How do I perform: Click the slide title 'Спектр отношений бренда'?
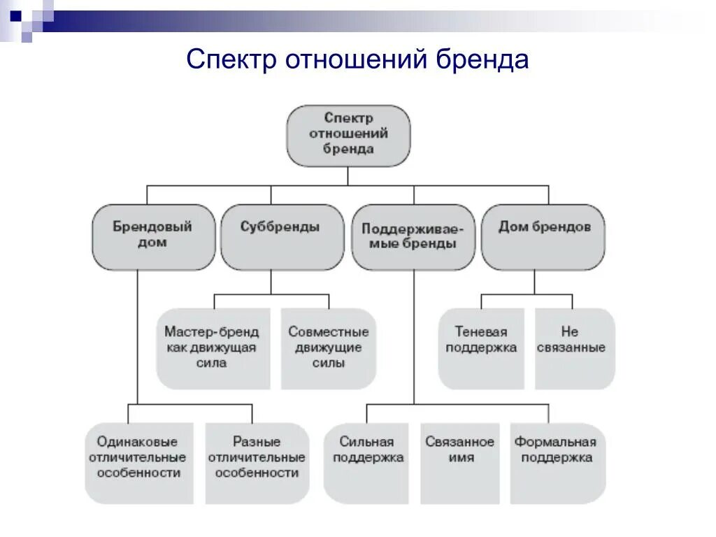coord(357,60)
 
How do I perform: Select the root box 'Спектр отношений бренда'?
coord(348,135)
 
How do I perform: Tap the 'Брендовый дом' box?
coord(152,236)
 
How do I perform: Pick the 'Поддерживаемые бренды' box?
coord(413,236)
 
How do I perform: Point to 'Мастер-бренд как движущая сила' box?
coord(212,348)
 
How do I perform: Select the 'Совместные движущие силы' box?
coord(328,348)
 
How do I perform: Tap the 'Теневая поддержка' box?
coord(481,348)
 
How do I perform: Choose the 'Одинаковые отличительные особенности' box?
coord(138,461)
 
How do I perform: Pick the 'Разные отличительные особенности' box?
coord(257,461)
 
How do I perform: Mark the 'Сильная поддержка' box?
coord(367,461)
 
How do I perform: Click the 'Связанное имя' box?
coord(459,461)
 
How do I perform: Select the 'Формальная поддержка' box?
coord(556,461)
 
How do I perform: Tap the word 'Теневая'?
coord(481,331)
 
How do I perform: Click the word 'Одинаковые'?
coord(138,442)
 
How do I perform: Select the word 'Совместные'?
coord(328,331)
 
